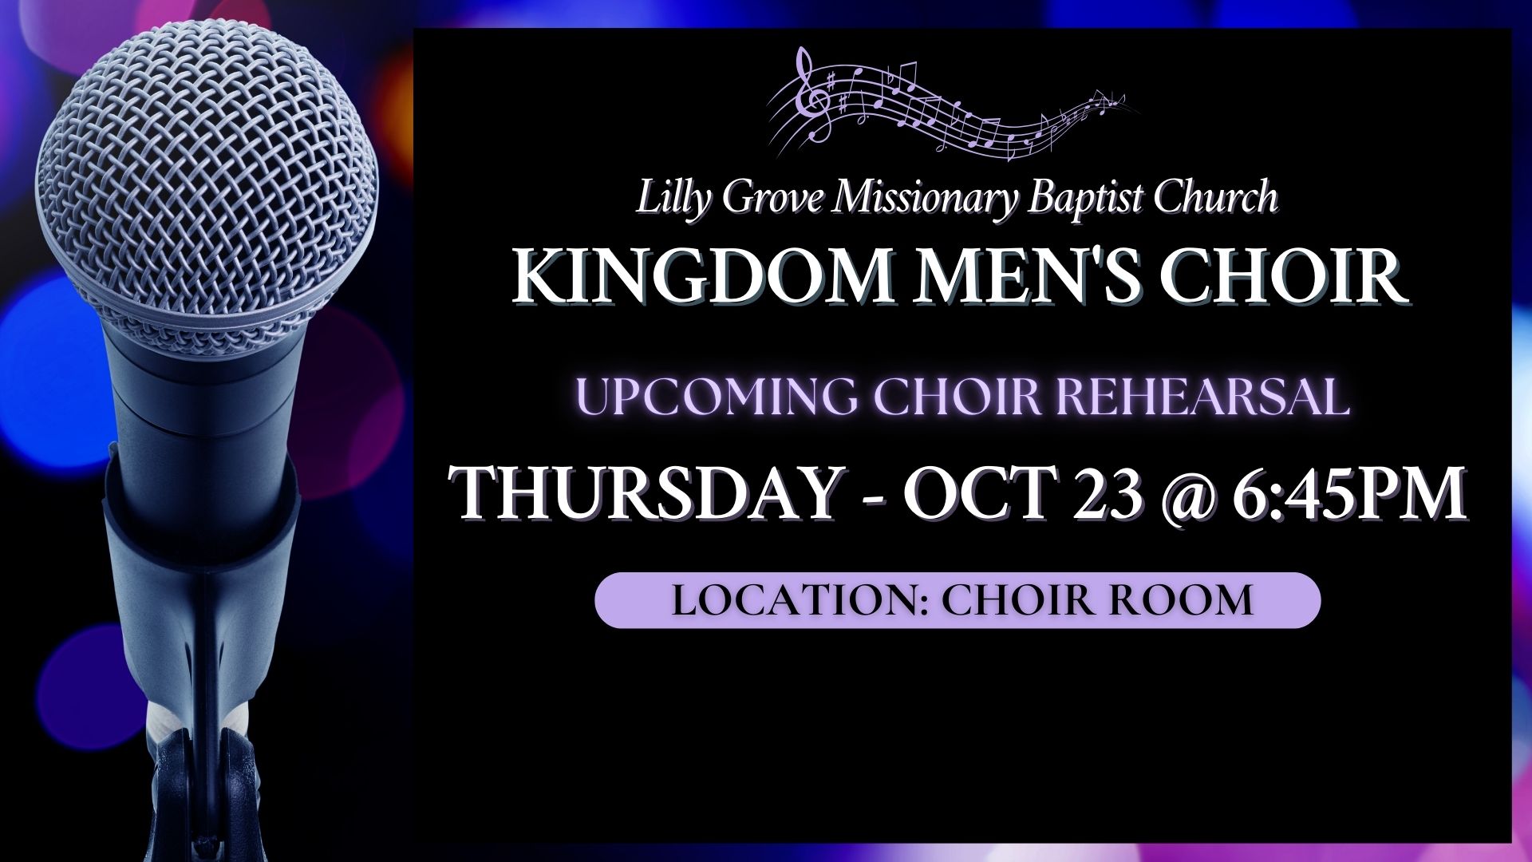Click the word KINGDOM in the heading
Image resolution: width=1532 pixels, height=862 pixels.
click(x=700, y=276)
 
